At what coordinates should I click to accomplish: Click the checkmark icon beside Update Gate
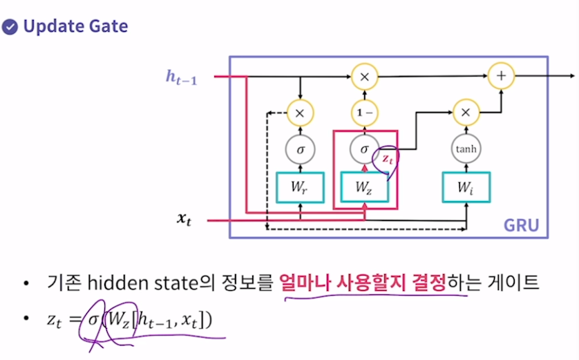coord(10,27)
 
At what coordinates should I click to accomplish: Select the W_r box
coord(300,187)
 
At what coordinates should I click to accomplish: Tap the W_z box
coord(365,187)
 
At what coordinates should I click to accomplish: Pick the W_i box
coord(466,187)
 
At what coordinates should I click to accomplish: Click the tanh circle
coord(466,149)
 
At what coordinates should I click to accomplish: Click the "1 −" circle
coord(365,111)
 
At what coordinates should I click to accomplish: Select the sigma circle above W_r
coord(300,149)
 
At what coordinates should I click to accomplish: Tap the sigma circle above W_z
coord(365,149)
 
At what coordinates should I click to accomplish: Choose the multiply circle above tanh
coord(466,111)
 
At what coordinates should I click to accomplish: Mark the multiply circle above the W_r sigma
coord(300,111)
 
